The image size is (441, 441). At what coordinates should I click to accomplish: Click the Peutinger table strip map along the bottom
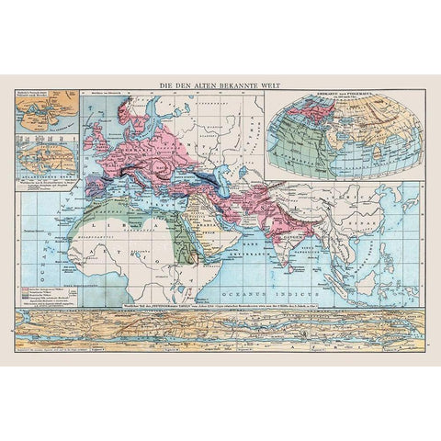coord(220,328)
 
